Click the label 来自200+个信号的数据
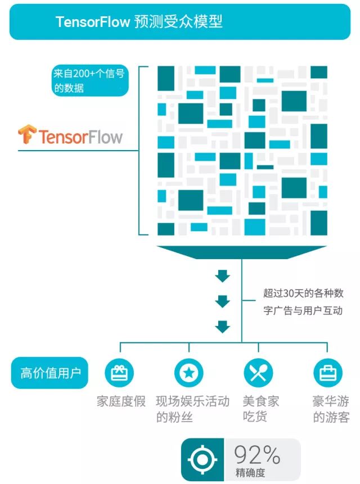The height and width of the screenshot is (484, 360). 89,81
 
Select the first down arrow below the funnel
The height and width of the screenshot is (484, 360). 223,276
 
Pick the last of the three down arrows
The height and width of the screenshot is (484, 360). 223,327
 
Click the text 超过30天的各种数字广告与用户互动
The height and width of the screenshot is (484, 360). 303,302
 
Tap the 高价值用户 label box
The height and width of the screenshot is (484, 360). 49,373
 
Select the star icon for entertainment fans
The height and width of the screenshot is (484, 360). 188,373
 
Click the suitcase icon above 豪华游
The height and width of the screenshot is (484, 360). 327,373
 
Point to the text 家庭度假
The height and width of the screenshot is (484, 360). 121,402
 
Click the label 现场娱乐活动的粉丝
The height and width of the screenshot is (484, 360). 192,409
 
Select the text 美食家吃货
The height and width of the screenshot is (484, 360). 261,409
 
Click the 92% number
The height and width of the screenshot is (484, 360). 256,454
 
